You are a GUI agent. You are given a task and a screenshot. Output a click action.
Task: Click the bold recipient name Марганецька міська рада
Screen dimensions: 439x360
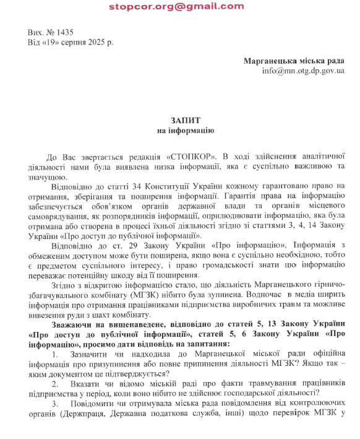click(294, 61)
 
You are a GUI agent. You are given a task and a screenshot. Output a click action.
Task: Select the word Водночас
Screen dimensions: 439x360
click(240, 294)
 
